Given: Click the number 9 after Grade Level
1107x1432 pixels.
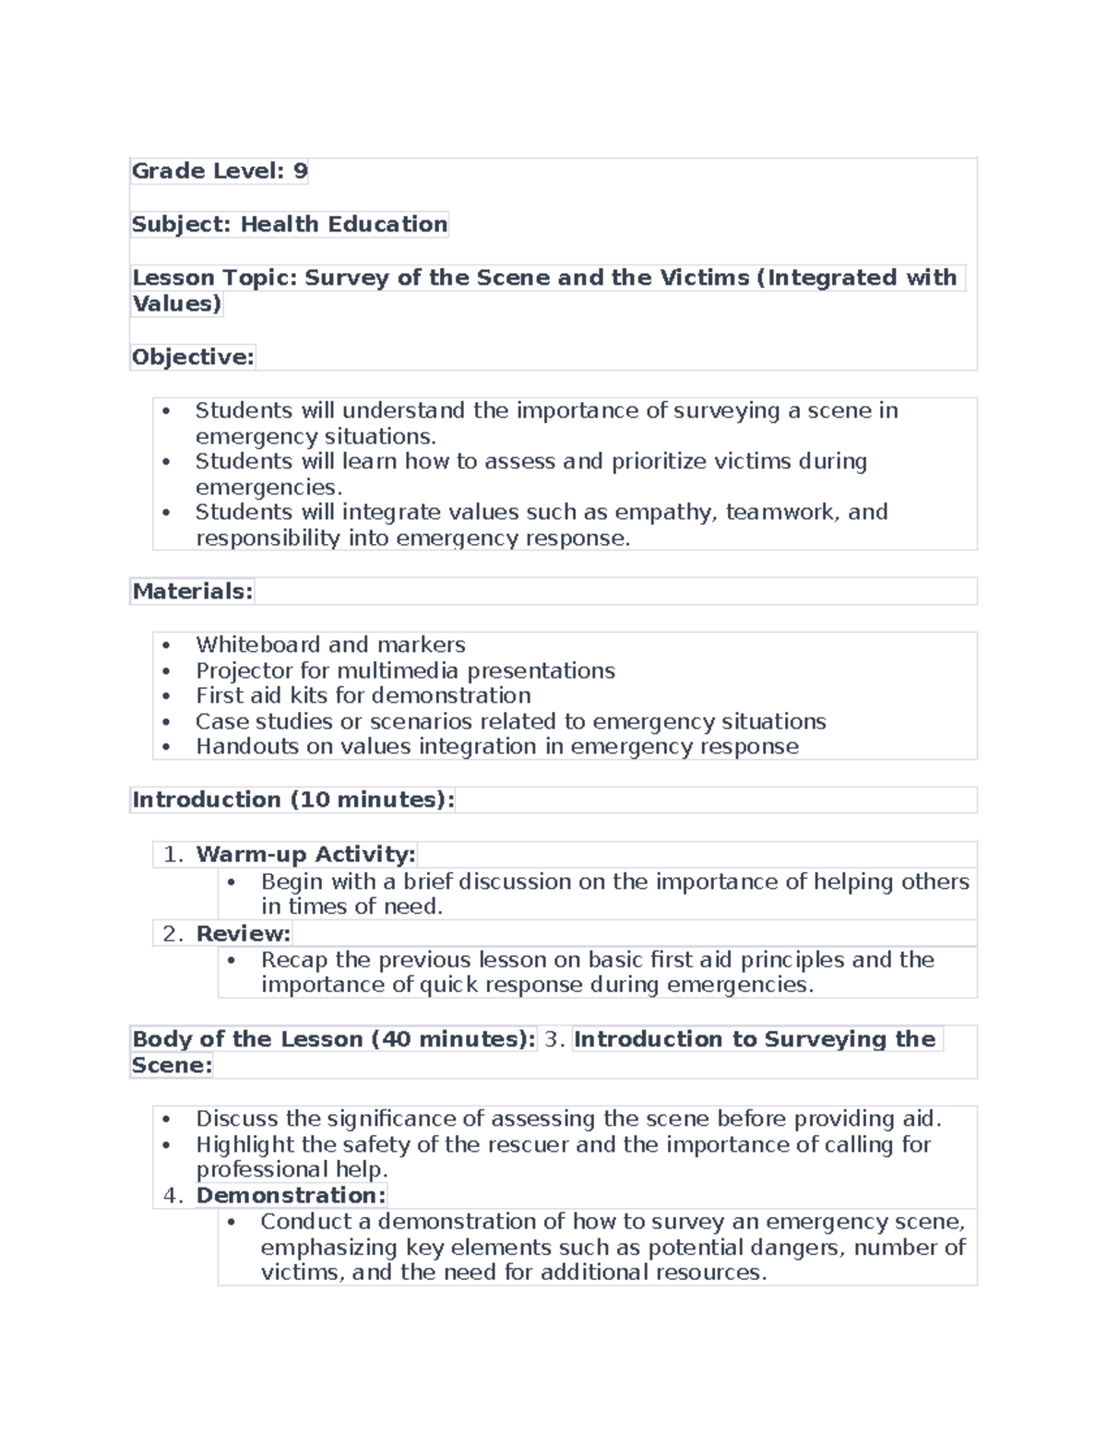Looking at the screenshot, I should [300, 171].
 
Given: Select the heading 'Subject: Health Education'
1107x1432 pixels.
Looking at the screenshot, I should [290, 224].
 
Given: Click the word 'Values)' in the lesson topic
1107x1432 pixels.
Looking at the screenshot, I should [176, 303].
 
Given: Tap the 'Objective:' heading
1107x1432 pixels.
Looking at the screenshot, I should [193, 357].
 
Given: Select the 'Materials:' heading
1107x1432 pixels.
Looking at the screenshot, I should [192, 591].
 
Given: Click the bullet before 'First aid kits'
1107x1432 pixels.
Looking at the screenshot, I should [166, 696].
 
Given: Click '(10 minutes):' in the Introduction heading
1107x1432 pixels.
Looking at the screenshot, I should [373, 799].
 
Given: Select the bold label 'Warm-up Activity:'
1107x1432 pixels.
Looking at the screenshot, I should [305, 854].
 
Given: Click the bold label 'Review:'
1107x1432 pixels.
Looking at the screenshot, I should [243, 933].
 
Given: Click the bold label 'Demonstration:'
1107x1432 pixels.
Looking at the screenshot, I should [291, 1195].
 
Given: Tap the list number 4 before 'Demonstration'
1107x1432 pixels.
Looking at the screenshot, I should [172, 1195].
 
